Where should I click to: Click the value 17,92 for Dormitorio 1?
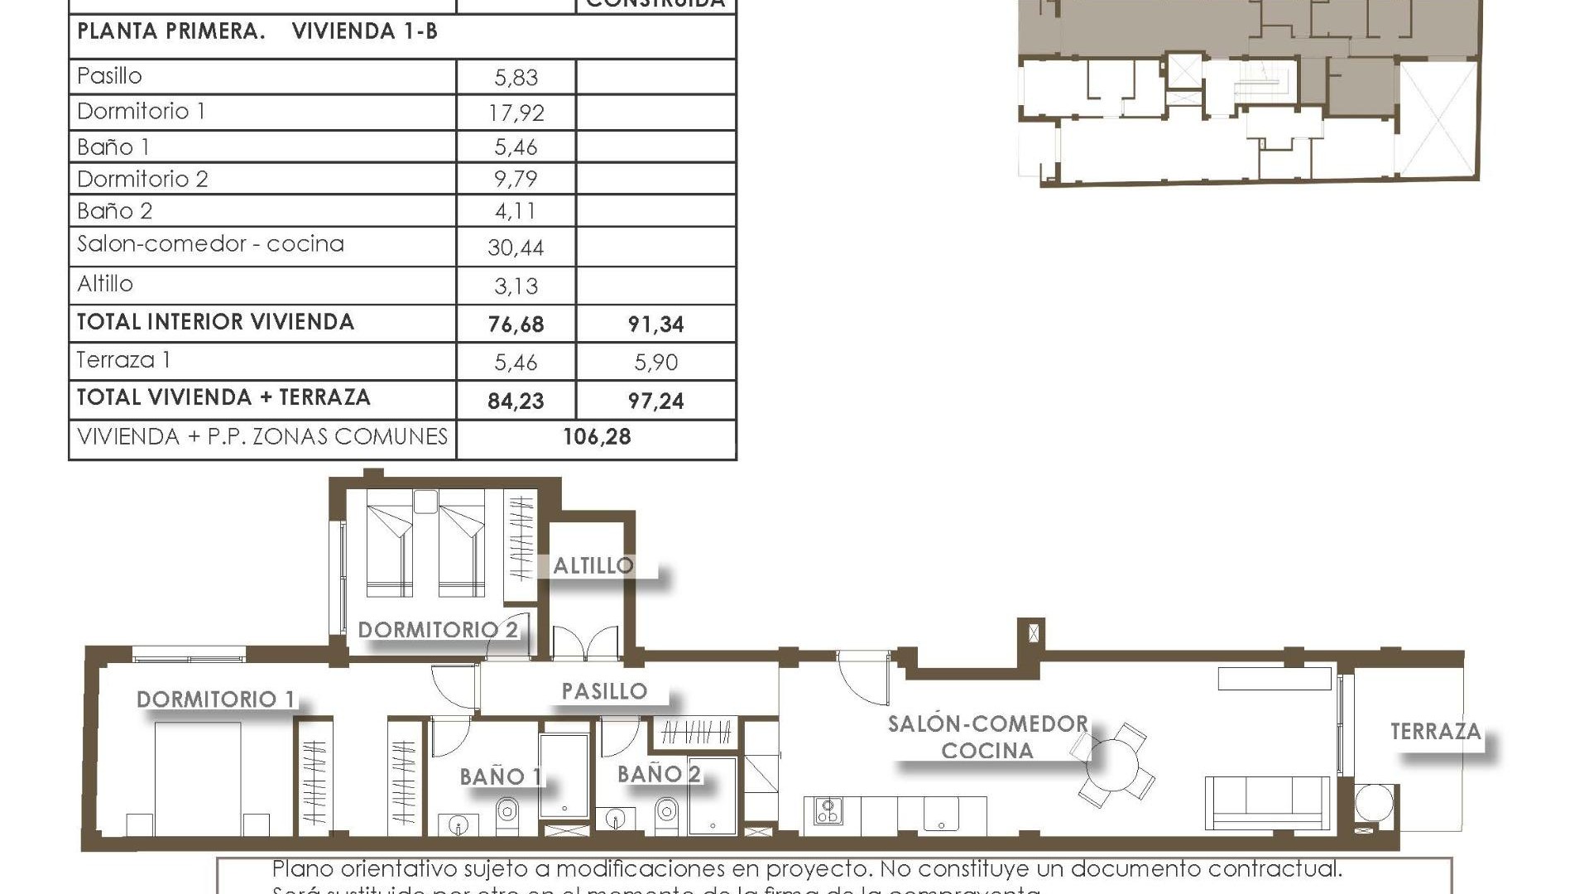point(516,113)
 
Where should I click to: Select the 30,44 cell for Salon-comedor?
point(516,248)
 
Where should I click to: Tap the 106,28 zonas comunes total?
point(597,437)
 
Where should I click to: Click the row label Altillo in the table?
point(105,284)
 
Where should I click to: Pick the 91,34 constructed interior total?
point(655,324)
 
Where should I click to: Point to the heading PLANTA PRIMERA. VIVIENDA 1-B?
point(257,32)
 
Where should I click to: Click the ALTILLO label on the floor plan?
point(593,566)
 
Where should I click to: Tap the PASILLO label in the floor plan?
point(604,691)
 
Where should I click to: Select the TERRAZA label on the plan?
point(1435,732)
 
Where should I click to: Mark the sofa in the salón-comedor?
point(1267,801)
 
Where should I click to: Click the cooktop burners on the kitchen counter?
point(828,810)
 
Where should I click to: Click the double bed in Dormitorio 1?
point(199,778)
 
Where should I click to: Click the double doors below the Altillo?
point(585,643)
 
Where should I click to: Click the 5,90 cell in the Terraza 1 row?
point(655,363)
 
